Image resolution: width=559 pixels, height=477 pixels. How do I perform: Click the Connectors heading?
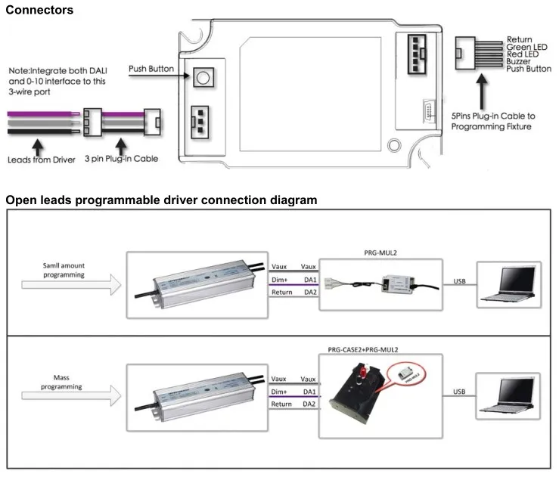(x=40, y=11)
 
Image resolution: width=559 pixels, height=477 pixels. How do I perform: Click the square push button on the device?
(x=201, y=76)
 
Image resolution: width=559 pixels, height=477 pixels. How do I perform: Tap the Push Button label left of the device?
(x=151, y=69)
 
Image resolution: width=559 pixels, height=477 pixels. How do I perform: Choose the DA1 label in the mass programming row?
(x=309, y=392)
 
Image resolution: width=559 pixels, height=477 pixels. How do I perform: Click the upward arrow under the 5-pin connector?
(x=480, y=94)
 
